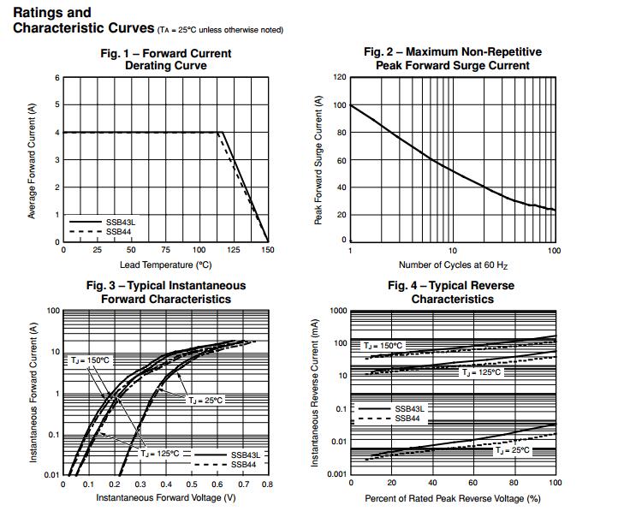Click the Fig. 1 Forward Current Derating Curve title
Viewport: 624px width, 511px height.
[165, 59]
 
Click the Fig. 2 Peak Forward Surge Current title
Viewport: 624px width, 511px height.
[452, 58]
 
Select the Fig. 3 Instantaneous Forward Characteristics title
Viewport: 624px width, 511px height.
[165, 292]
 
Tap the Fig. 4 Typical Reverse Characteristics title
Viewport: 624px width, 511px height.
[452, 292]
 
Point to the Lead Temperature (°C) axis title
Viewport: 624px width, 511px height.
[165, 264]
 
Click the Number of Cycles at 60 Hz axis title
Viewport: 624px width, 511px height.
[452, 264]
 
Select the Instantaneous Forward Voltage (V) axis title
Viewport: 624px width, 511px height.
[165, 497]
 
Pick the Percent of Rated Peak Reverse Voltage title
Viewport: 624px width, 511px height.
[452, 497]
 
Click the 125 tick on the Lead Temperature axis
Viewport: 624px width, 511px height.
[234, 251]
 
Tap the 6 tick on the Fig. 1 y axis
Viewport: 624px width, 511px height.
[57, 78]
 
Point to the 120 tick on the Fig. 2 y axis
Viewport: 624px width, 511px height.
[340, 78]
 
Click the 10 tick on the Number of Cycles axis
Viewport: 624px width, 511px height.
[452, 251]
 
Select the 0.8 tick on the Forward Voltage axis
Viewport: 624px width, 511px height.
[267, 484]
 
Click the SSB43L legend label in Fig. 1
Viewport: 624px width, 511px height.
[121, 222]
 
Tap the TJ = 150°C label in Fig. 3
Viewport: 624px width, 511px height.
[91, 360]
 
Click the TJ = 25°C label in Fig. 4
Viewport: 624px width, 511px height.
[513, 449]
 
